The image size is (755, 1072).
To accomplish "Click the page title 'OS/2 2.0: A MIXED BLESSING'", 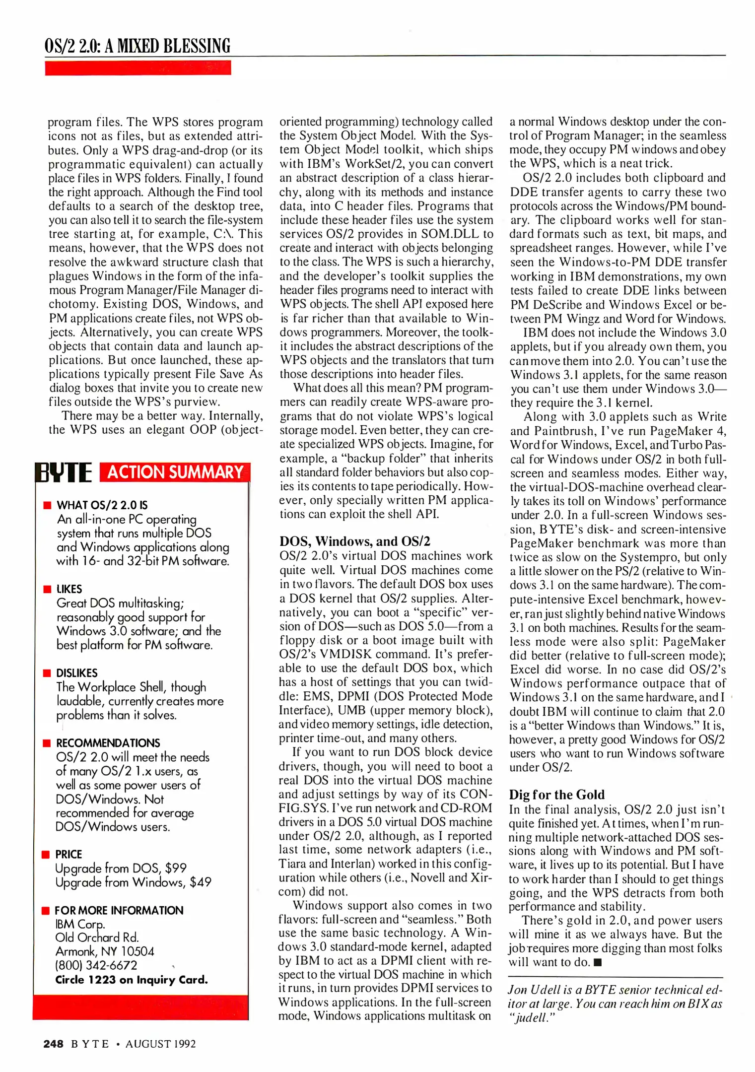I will pos(137,46).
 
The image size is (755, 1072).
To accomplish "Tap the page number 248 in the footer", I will pos(53,1044).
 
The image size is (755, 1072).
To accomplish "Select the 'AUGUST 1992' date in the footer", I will pos(160,1044).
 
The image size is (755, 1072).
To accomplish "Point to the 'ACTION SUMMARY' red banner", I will pos(175,472).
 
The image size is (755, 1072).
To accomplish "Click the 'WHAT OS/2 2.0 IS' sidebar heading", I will pos(102,505).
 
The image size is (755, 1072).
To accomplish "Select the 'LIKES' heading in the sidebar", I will pos(69,589).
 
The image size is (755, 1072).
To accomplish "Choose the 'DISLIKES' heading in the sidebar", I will pos(76,673).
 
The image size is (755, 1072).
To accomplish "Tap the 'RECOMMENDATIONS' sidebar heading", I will pos(108,743).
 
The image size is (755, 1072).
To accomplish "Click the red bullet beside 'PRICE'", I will pos(46,854).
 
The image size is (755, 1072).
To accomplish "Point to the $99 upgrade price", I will pos(176,868).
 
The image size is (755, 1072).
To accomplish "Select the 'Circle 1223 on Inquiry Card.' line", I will pos(131,980).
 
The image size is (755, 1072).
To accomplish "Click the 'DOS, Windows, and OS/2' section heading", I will pos(355,541).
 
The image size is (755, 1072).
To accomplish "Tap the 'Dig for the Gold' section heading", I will pos(556,795).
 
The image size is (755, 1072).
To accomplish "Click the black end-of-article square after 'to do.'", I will pos(598,962).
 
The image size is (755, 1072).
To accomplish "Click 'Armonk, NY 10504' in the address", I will pos(105,951).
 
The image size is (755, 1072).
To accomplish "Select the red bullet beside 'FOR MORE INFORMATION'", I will pos(46,910).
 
